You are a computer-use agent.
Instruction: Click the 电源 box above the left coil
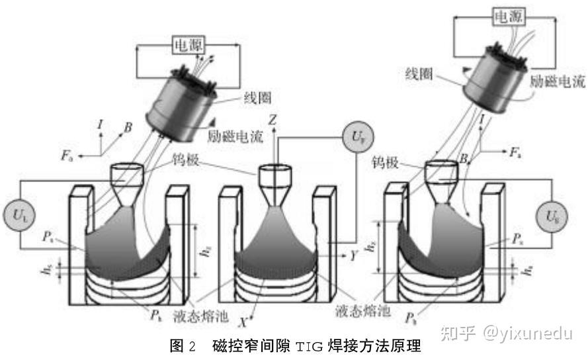(x=188, y=45)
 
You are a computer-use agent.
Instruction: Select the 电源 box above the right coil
(x=506, y=19)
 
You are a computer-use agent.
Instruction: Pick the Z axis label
(x=273, y=119)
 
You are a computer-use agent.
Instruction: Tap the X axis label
(x=243, y=323)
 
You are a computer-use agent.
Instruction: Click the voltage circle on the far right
(x=553, y=216)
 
